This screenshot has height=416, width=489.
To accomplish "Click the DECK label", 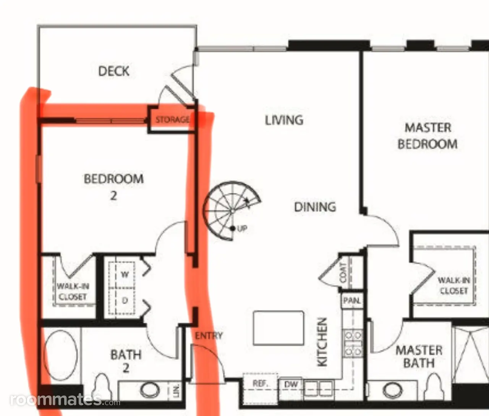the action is click(x=114, y=71).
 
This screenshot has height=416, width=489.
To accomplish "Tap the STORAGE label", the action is click(x=172, y=120).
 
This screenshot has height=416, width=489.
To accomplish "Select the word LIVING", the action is click(x=284, y=120).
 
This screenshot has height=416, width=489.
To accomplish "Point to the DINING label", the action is click(x=315, y=207).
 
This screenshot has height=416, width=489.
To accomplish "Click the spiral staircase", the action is click(x=232, y=211).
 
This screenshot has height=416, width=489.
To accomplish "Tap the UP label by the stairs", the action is click(x=242, y=228).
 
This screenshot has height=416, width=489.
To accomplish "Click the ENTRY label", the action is click(x=209, y=335).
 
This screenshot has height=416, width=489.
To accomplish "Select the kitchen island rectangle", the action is click(x=279, y=328).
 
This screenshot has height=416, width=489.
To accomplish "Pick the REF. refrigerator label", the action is click(x=260, y=384).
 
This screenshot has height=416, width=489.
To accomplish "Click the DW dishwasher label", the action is click(x=291, y=384).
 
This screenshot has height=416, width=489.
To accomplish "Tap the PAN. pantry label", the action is click(x=352, y=301).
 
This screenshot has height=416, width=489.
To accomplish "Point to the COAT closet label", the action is click(x=343, y=272).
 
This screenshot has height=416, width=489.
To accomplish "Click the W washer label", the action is click(x=125, y=274).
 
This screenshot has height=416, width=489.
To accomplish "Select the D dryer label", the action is click(x=125, y=300).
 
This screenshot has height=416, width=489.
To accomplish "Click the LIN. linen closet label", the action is click(x=176, y=391).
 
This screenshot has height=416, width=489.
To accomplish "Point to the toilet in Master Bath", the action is click(x=434, y=387).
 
